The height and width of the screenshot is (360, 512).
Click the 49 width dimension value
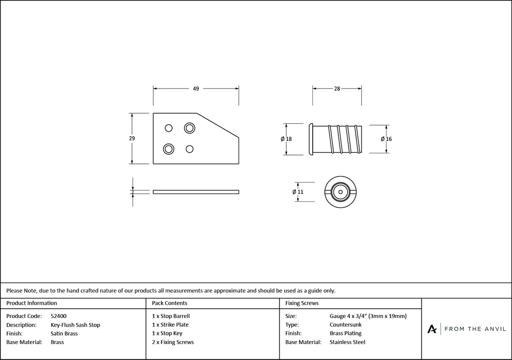click(196, 89)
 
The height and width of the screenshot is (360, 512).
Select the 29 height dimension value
click(132, 138)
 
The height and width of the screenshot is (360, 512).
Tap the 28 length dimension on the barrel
click(337, 89)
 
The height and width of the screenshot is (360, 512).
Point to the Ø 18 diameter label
click(286, 139)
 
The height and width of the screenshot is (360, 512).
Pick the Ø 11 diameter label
click(298, 192)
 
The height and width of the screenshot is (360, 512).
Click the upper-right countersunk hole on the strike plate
click(189, 127)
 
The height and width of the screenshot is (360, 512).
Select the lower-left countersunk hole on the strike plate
click(168, 149)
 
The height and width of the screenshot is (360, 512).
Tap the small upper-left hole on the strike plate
click(168, 127)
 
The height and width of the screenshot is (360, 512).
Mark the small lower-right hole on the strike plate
click(189, 149)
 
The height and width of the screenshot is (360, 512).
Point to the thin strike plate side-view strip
click(196, 192)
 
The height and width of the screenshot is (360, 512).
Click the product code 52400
click(59, 316)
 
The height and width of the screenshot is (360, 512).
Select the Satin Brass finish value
click(65, 333)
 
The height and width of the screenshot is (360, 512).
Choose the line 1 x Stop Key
click(167, 333)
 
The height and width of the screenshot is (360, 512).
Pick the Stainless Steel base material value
click(348, 342)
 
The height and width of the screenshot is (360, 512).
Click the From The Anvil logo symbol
click(432, 329)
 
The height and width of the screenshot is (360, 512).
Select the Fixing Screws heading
click(302, 303)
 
